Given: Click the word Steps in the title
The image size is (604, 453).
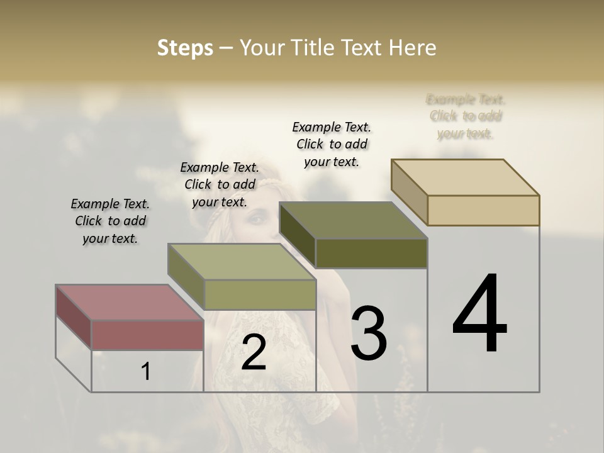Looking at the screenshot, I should pos(185,48).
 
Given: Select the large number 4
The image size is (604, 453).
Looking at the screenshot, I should pos(479,315).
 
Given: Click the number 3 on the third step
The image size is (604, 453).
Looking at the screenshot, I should pos(369,334).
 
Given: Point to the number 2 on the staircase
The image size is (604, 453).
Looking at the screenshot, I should pos(254,352).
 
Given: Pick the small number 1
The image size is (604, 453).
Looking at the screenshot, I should pos(146,372).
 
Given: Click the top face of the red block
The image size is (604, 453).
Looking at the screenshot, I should pos(129,302).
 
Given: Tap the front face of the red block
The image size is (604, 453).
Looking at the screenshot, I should pos(147,335).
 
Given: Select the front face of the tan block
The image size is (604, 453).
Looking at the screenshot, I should pos(483,210).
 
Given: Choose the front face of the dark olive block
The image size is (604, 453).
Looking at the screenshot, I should pos(371,253).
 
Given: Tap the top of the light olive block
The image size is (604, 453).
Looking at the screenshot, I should pos(242,262).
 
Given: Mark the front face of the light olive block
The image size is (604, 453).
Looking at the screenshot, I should pos(259,294).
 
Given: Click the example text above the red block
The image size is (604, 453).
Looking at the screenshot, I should pos(110,221).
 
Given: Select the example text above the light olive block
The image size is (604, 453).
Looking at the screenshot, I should pos(220,184).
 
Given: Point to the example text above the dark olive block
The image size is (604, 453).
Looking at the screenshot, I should pos(332,144).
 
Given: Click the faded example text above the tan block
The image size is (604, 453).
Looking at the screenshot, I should pos(466,116).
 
